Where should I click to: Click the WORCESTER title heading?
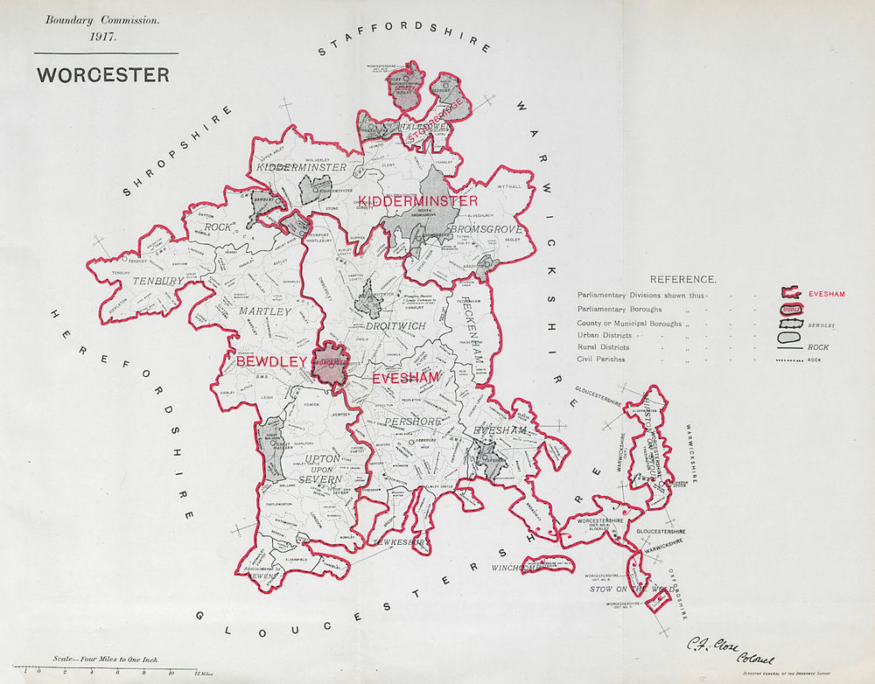(x=103, y=74)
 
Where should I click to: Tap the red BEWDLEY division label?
(x=271, y=360)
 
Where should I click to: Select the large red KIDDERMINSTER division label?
(x=417, y=201)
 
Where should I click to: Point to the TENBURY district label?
(x=158, y=281)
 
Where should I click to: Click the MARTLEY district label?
(x=264, y=311)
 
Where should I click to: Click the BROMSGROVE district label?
(x=486, y=229)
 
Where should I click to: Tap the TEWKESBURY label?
(x=402, y=542)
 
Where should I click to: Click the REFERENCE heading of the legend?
(x=682, y=279)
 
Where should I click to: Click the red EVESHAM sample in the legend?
(x=826, y=294)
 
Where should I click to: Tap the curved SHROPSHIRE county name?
(x=178, y=150)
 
